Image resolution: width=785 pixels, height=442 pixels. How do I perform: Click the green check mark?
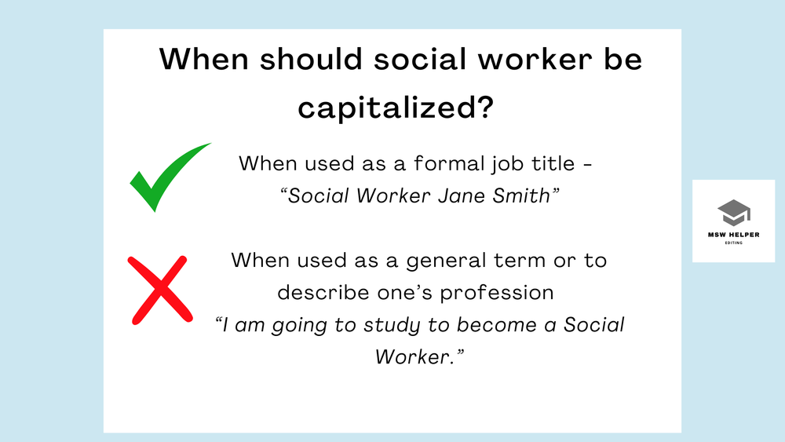(x=166, y=179)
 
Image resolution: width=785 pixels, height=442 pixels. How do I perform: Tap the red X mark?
(x=160, y=289)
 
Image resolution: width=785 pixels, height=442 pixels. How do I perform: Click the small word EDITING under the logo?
(x=733, y=243)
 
